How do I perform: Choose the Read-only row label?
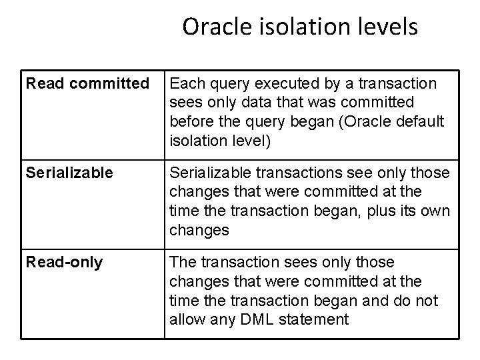[64, 262]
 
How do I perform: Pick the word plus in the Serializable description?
[383, 211]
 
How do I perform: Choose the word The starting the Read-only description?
[185, 262]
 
